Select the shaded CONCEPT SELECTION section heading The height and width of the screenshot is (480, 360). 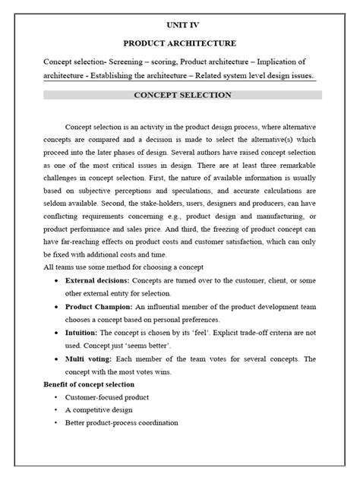coord(182,95)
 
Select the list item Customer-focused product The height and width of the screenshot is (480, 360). coord(107,398)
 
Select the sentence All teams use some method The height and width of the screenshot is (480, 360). coord(123,267)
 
